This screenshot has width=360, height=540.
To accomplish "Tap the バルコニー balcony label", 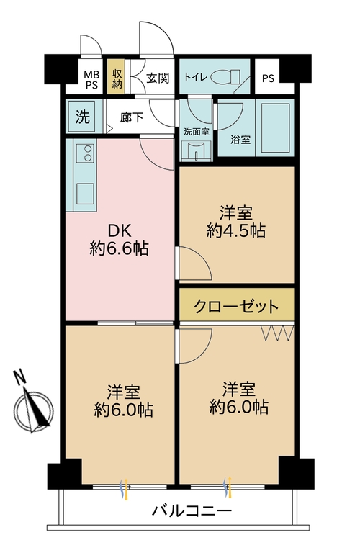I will pyautogui.click(x=192, y=512).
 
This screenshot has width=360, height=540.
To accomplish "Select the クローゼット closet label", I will pyautogui.click(x=236, y=307).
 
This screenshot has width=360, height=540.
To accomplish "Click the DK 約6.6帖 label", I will pyautogui.click(x=119, y=240).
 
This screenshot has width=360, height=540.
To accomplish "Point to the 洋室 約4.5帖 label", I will pyautogui.click(x=236, y=222).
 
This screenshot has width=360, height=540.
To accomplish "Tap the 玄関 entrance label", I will pyautogui.click(x=157, y=77).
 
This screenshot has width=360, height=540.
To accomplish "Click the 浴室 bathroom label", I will pyautogui.click(x=240, y=140).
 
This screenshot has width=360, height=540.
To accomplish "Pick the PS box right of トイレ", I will pyautogui.click(x=268, y=78).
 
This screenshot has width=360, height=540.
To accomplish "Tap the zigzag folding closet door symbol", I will pyautogui.click(x=276, y=333).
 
